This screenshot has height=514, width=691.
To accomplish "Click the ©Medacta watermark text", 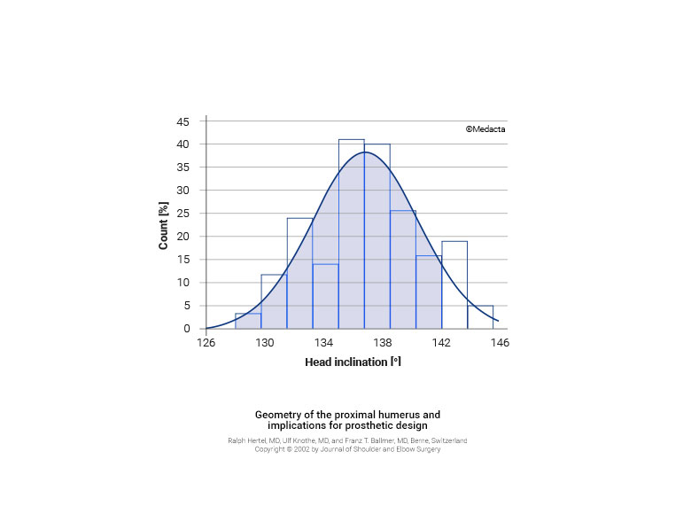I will pyautogui.click(x=485, y=128).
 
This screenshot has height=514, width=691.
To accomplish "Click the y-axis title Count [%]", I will pyautogui.click(x=164, y=226).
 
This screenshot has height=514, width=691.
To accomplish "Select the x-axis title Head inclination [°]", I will pyautogui.click(x=353, y=362).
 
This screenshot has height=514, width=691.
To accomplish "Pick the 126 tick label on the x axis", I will pyautogui.click(x=206, y=343).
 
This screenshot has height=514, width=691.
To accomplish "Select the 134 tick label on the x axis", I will pyautogui.click(x=323, y=343).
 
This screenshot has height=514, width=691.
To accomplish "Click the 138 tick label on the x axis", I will pyautogui.click(x=382, y=343).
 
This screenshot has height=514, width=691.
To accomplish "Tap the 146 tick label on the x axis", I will pyautogui.click(x=500, y=343).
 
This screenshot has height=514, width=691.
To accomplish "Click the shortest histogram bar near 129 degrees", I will pyautogui.click(x=248, y=321).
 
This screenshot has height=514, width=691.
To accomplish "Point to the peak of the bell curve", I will pyautogui.click(x=365, y=152).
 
